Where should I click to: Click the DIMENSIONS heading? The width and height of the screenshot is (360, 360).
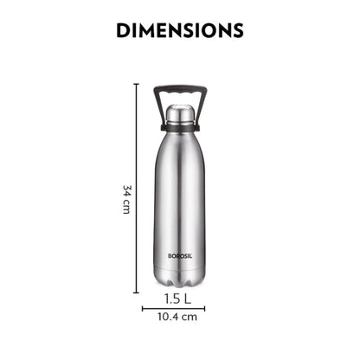click(x=179, y=30)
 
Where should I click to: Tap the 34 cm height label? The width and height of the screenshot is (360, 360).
click(x=126, y=200)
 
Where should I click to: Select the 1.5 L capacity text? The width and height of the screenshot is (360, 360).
click(x=179, y=299)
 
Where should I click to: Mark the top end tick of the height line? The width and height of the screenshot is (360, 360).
click(x=137, y=84)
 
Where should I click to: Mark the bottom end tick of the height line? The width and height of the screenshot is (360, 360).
click(x=137, y=292)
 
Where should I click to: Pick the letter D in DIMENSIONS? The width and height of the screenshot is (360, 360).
click(x=123, y=30)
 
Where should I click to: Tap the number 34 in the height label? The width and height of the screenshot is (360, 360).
click(x=126, y=190)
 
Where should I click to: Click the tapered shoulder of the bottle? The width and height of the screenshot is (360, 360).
click(x=179, y=147)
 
